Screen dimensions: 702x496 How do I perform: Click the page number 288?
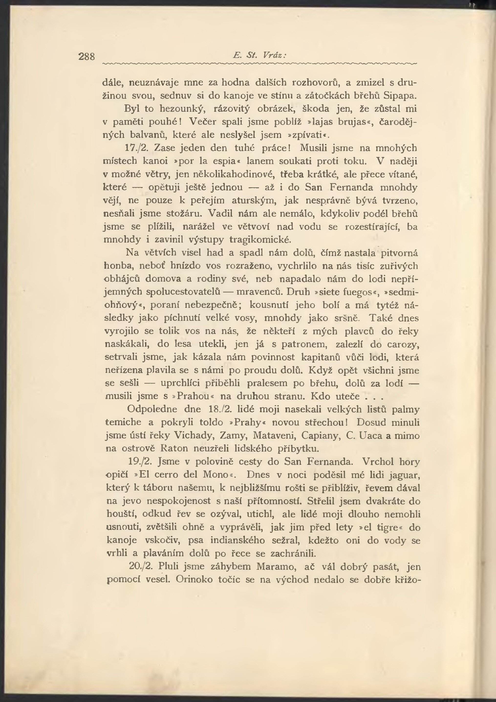pos(86,56)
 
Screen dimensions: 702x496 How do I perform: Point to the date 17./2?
pos(137,148)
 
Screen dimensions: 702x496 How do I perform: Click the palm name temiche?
pos(123,422)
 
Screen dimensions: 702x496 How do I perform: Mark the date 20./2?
pos(141,567)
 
